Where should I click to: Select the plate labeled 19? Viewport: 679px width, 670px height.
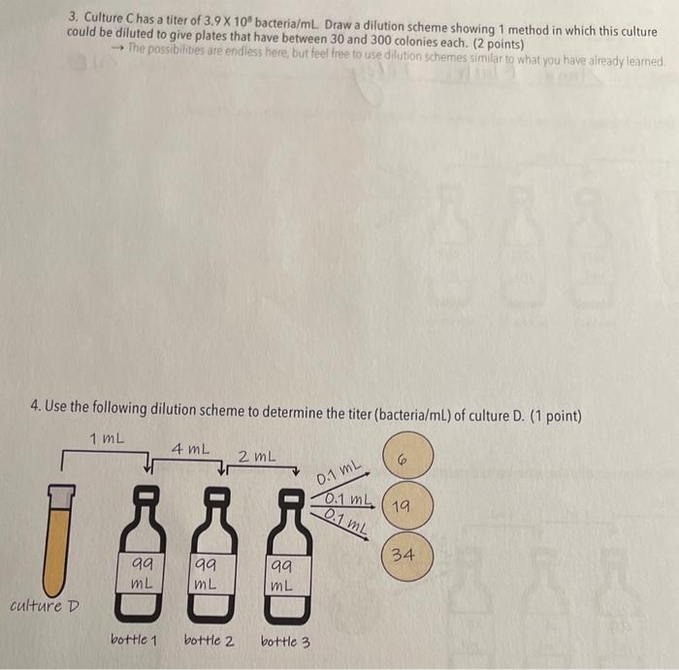pyautogui.click(x=402, y=506)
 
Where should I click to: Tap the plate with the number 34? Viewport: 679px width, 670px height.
pyautogui.click(x=404, y=557)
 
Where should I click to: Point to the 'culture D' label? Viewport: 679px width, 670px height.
pyautogui.click(x=45, y=606)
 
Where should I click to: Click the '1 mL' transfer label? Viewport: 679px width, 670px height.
pyautogui.click(x=106, y=438)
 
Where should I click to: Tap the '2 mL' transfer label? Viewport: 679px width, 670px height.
pyautogui.click(x=257, y=456)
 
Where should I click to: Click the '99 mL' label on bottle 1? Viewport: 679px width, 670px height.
pyautogui.click(x=144, y=572)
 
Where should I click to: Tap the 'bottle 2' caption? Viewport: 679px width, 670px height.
pyautogui.click(x=209, y=641)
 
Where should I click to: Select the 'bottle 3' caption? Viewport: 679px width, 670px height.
pyautogui.click(x=285, y=641)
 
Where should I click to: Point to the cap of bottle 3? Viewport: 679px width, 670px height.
pyautogui.click(x=289, y=497)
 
